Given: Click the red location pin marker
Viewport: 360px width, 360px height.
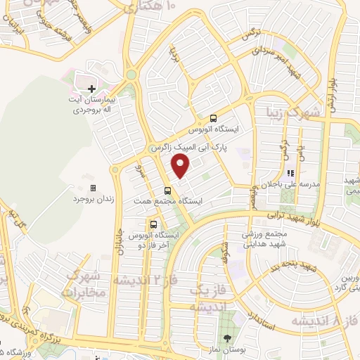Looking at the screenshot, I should (x=181, y=167).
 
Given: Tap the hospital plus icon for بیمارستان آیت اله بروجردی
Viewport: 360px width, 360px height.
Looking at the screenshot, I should (x=92, y=89).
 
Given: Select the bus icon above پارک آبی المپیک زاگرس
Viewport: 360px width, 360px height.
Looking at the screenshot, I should (x=214, y=119).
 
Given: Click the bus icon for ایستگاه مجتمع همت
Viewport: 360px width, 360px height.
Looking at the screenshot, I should (x=167, y=190).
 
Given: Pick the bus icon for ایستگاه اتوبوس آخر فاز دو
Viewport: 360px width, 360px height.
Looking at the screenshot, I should (x=153, y=224).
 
